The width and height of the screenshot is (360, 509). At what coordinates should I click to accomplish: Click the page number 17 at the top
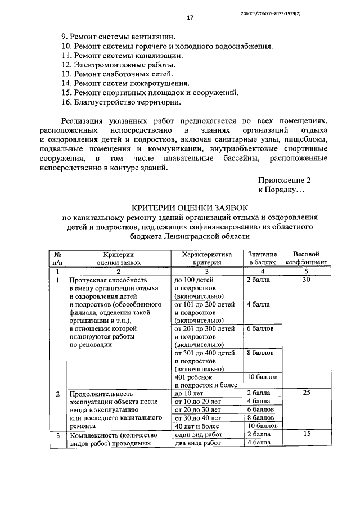pos(190,18)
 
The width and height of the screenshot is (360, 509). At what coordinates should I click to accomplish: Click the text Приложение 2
pos(285,181)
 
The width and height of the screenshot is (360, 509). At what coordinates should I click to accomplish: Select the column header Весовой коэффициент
pos(307,258)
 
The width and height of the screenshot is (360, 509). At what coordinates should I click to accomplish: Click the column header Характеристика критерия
pos(207,258)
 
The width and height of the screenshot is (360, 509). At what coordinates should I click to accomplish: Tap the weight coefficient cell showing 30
pos(307,280)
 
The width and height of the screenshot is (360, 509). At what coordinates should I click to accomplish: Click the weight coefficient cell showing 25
pos(307,393)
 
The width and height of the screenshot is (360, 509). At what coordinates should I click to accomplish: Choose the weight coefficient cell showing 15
pos(307,434)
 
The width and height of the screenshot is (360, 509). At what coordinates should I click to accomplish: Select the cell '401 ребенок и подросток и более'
pos(206,381)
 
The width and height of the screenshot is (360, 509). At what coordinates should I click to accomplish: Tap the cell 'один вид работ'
pos(199,434)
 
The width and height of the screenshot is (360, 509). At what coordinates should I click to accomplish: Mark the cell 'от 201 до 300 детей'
pos(205,328)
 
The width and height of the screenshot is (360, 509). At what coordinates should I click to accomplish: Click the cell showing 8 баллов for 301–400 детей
pos(261,353)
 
